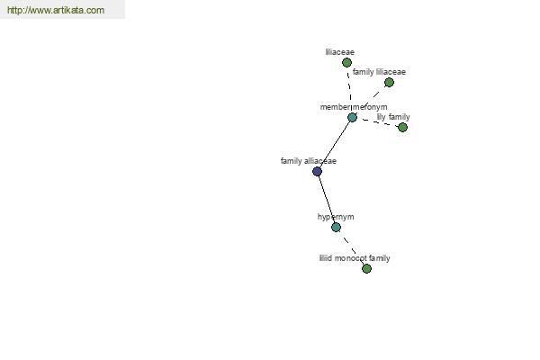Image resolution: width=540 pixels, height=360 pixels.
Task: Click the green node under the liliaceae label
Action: pos(346,63)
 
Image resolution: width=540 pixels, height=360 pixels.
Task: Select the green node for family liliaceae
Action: pos(389,82)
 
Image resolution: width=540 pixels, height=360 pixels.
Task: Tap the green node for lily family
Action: pos(402,128)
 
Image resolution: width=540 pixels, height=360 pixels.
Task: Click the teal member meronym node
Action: pos(352,118)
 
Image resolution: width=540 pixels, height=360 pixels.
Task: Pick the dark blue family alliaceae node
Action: pos(317,171)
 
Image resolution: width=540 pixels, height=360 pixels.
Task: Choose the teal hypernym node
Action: pos(336,227)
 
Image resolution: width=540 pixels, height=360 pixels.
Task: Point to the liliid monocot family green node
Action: pos(367,268)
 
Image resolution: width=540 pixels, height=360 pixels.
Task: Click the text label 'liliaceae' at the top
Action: pos(340,52)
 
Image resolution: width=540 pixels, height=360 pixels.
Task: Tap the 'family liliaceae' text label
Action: pos(379,72)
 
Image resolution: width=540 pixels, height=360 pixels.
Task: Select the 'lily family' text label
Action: pos(393,117)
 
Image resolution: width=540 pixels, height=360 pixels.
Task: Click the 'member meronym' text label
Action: pos(354,107)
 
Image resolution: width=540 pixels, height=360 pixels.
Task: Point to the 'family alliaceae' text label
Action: pos(309,161)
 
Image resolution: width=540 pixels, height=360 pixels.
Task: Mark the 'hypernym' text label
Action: pos(336,217)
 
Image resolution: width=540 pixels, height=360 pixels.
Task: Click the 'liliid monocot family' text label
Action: pos(355,258)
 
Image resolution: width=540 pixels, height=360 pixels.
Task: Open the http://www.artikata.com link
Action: pos(56,10)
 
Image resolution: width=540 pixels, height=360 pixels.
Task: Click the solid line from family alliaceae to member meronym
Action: pos(335,144)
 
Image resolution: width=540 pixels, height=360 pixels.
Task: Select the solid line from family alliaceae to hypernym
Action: pos(327,199)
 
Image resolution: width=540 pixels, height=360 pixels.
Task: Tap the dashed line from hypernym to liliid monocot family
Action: pos(351,247)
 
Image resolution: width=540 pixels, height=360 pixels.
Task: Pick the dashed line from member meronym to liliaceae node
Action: pos(349,90)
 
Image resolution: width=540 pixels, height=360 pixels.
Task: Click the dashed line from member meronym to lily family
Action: pos(377,122)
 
